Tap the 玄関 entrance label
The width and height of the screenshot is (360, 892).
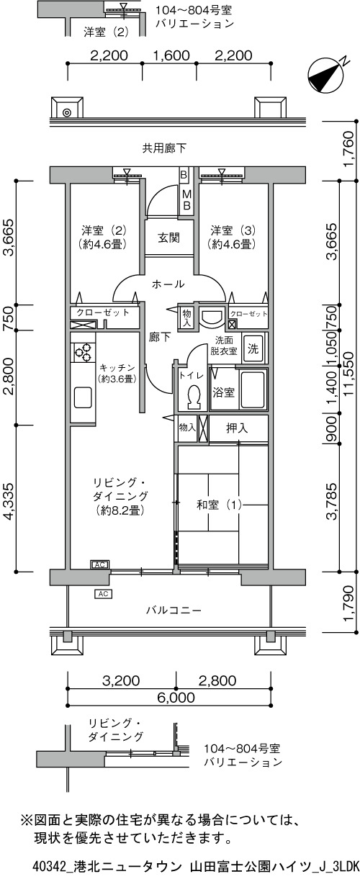168,238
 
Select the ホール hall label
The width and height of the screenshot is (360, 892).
168,284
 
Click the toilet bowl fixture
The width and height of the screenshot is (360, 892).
194,397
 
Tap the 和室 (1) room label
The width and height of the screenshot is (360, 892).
219,505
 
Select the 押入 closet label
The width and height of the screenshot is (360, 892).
237,428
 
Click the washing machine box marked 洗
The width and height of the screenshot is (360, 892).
253,349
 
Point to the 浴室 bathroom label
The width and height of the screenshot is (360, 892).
223,392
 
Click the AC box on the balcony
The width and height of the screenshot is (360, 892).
103,594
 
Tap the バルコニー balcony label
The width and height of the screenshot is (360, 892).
174,610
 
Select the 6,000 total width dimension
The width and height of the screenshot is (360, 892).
171,707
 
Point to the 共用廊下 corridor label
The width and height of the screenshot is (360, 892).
164,148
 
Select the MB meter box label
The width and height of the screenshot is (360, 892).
186,200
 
